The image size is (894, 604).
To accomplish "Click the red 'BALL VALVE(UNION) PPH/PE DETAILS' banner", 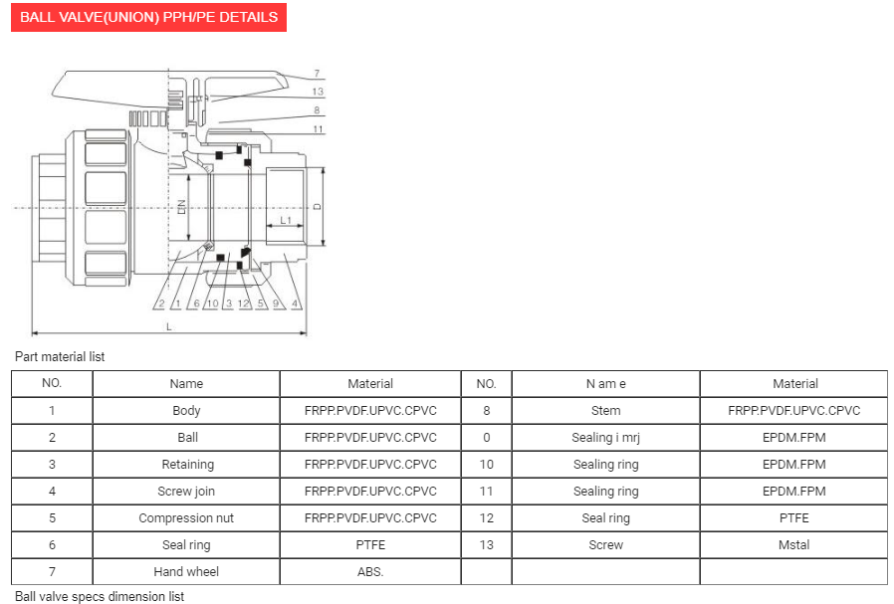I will coord(149,17).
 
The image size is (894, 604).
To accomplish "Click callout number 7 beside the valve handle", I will coord(316,74).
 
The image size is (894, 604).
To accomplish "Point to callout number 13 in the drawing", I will coord(317,92).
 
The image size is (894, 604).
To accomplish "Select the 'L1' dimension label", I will coord(285,219).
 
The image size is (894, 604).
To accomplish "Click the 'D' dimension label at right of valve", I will coord(317,207).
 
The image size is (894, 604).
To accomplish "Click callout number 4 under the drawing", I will coord(296,303).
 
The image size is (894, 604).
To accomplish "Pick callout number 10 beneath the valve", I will coord(212,303).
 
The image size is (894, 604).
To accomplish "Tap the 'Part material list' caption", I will coord(60,356).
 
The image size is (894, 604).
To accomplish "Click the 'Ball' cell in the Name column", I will coord(186,438).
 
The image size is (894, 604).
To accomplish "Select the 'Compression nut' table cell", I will coord(186,518).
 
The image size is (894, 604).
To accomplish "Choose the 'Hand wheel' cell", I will coord(186,572).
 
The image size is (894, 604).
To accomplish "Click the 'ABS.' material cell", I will coord(370,572).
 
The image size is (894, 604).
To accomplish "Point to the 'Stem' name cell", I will coord(605,411).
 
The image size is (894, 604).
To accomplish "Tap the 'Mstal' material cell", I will coord(794,545).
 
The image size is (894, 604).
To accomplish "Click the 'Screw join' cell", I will coord(186,492).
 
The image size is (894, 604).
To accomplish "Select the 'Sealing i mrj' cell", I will coord(605,438).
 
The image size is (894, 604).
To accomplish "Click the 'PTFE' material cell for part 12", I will coord(794,518).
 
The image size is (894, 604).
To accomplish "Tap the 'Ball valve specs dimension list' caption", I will coord(100,596).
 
